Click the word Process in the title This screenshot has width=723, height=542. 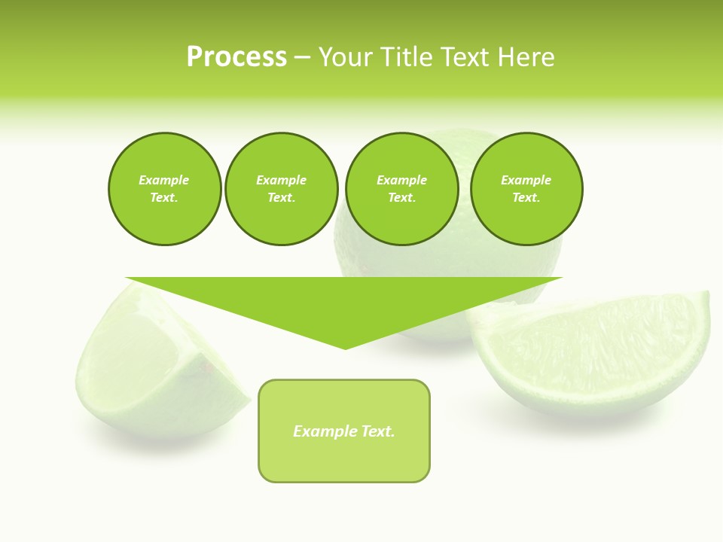click(x=236, y=57)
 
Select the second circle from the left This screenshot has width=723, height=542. click(x=282, y=218)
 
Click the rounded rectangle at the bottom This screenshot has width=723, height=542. click(x=344, y=459)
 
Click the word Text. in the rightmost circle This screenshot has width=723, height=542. click(x=526, y=198)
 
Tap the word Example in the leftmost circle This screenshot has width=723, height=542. click(x=164, y=180)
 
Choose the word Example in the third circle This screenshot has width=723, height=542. click(x=401, y=180)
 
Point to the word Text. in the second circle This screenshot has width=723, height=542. click(x=282, y=198)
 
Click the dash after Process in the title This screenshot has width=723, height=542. click(x=302, y=58)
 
